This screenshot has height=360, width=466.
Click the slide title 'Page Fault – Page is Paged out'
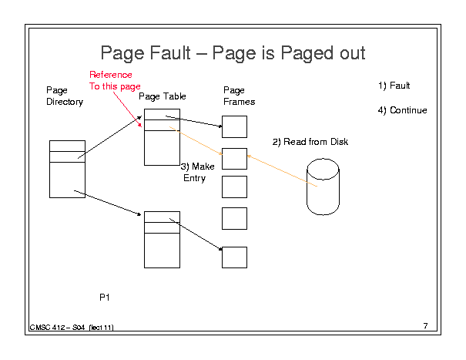(233, 53)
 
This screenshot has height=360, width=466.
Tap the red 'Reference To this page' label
(115, 81)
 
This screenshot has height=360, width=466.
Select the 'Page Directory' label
(65, 96)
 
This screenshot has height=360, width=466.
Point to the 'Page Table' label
(163, 96)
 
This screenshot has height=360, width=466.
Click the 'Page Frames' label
(240, 96)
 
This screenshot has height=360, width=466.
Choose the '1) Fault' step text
(394, 86)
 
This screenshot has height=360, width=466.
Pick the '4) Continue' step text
(402, 110)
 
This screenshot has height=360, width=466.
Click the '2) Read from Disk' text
(310, 142)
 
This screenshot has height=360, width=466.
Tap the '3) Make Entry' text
(198, 172)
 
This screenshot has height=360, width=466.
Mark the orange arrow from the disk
(282, 171)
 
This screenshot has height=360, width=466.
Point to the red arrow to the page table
(127, 109)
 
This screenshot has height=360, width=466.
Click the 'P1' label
(105, 298)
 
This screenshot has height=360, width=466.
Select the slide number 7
(426, 326)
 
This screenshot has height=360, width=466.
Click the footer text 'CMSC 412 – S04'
(57, 328)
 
